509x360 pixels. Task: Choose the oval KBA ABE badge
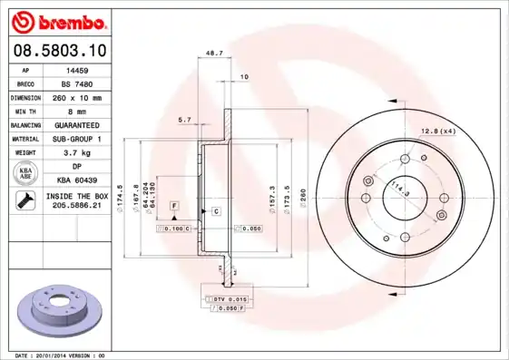click(x=26, y=174)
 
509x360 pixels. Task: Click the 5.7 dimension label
click(x=185, y=120)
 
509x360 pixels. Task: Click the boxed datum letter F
click(x=172, y=207)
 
